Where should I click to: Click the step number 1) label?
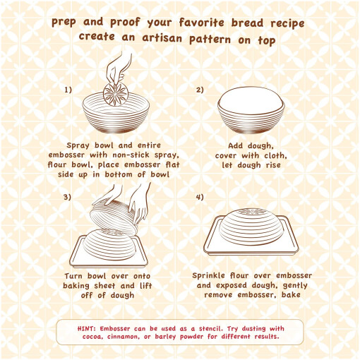click(68, 90)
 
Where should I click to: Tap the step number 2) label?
click(200, 90)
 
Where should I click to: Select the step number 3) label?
click(67, 197)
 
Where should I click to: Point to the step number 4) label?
click(200, 197)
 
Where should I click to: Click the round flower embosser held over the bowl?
click(116, 94)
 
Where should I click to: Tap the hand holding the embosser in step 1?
click(119, 68)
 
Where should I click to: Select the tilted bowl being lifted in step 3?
click(114, 216)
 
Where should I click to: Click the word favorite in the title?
click(202, 23)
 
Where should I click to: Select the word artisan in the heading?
click(162, 38)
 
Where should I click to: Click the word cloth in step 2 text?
click(275, 155)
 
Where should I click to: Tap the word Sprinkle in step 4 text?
click(208, 276)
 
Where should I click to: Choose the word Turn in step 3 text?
click(73, 276)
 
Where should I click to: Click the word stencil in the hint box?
click(211, 328)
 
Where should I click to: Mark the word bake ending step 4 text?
click(291, 294)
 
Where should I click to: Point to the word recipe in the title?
click(287, 24)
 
